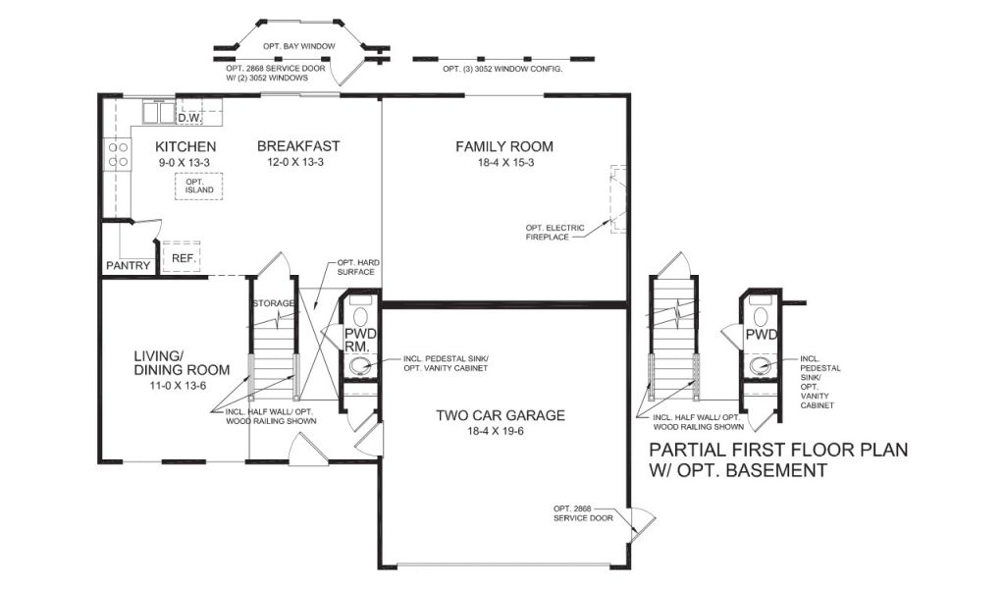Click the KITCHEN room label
point(185,147)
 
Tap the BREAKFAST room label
point(298,146)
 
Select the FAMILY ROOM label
point(504,147)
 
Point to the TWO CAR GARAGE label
point(501,415)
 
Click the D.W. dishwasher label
point(189,119)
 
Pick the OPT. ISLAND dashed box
point(199,186)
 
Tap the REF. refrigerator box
point(182,257)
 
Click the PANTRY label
point(129,265)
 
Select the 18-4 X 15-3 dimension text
point(505,163)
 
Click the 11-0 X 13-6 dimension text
point(178,386)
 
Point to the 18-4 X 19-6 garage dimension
point(496,431)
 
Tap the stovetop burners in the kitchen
point(118,154)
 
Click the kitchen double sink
point(158,113)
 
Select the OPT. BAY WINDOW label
point(299,46)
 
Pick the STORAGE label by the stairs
point(274,303)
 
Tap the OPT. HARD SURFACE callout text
point(357,267)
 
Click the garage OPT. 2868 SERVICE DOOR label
point(583,513)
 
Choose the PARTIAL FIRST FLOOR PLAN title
point(778,459)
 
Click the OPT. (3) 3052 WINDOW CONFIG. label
point(502,69)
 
